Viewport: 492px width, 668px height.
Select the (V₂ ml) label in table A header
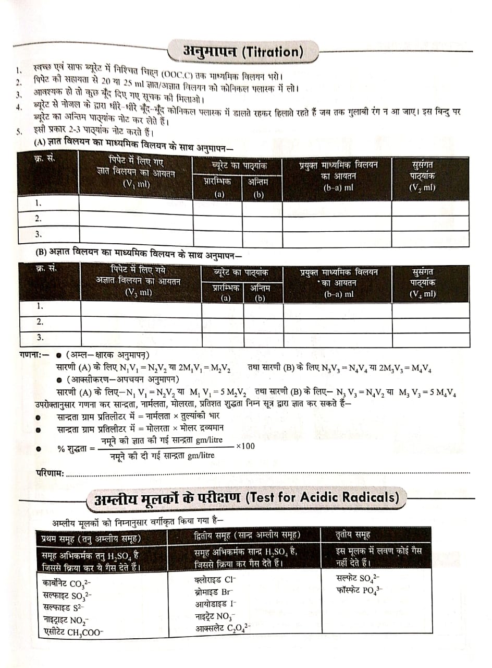(422, 187)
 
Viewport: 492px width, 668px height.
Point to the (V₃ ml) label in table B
(138, 292)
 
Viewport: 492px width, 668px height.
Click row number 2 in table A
(39, 219)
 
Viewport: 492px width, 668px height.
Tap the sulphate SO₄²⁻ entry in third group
(359, 578)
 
